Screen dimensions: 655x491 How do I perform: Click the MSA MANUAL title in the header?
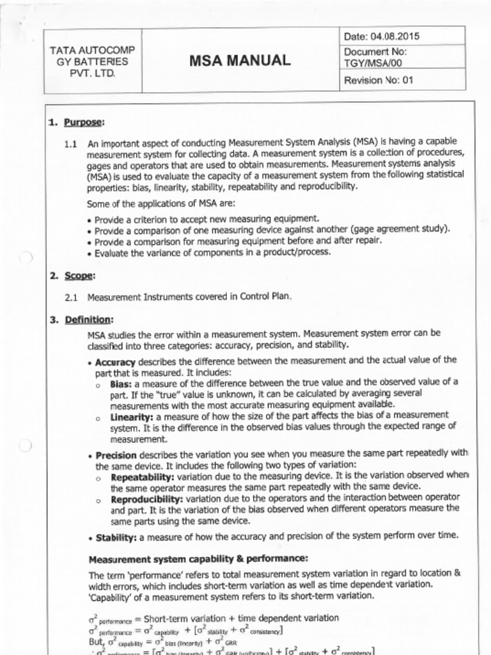(x=240, y=61)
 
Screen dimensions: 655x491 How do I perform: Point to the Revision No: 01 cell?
(x=379, y=81)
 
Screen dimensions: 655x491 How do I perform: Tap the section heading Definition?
(x=89, y=319)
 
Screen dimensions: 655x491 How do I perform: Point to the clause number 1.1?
(x=71, y=144)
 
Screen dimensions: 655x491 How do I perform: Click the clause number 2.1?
(x=71, y=297)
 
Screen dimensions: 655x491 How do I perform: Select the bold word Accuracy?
(x=115, y=362)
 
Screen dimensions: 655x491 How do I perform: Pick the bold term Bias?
(x=122, y=383)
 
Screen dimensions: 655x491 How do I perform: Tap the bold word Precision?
(x=116, y=455)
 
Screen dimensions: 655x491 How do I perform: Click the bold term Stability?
(x=116, y=537)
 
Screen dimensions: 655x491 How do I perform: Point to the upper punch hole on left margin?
(x=25, y=258)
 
